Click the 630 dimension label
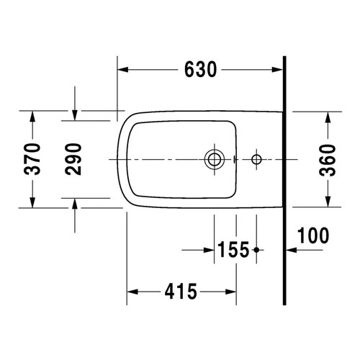(x=201, y=69)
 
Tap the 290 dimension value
(x=75, y=158)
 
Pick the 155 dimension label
(x=233, y=251)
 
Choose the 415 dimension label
(x=181, y=292)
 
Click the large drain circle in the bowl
(x=214, y=158)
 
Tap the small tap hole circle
(x=256, y=158)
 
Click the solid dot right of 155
(x=256, y=251)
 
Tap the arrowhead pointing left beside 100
(x=291, y=251)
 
